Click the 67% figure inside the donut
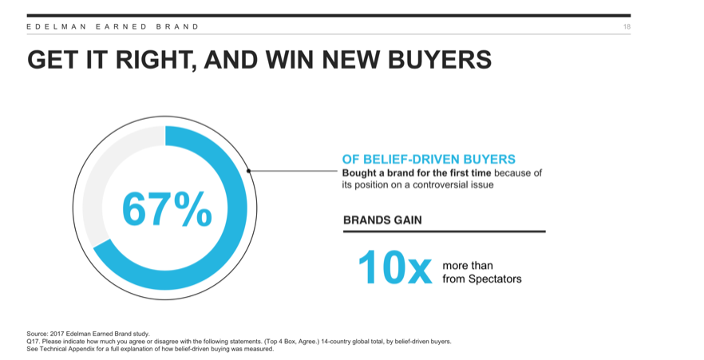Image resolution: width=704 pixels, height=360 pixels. [167, 208]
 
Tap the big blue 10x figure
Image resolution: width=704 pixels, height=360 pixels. [394, 267]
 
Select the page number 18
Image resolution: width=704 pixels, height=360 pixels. [627, 26]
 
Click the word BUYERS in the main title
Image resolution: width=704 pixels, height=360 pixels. [440, 59]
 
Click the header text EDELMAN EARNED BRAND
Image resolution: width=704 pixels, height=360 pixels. [113, 26]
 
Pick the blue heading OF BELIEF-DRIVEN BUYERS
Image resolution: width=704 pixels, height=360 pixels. [429, 159]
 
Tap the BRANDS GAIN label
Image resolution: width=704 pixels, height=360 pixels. [382, 220]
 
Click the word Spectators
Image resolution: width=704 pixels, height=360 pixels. [495, 279]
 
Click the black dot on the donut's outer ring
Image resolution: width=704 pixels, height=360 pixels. [248, 171]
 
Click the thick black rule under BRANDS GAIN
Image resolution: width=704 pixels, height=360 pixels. [445, 231]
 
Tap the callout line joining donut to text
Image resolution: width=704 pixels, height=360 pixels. [293, 171]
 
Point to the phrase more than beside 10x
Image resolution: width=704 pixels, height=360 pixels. [468, 266]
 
